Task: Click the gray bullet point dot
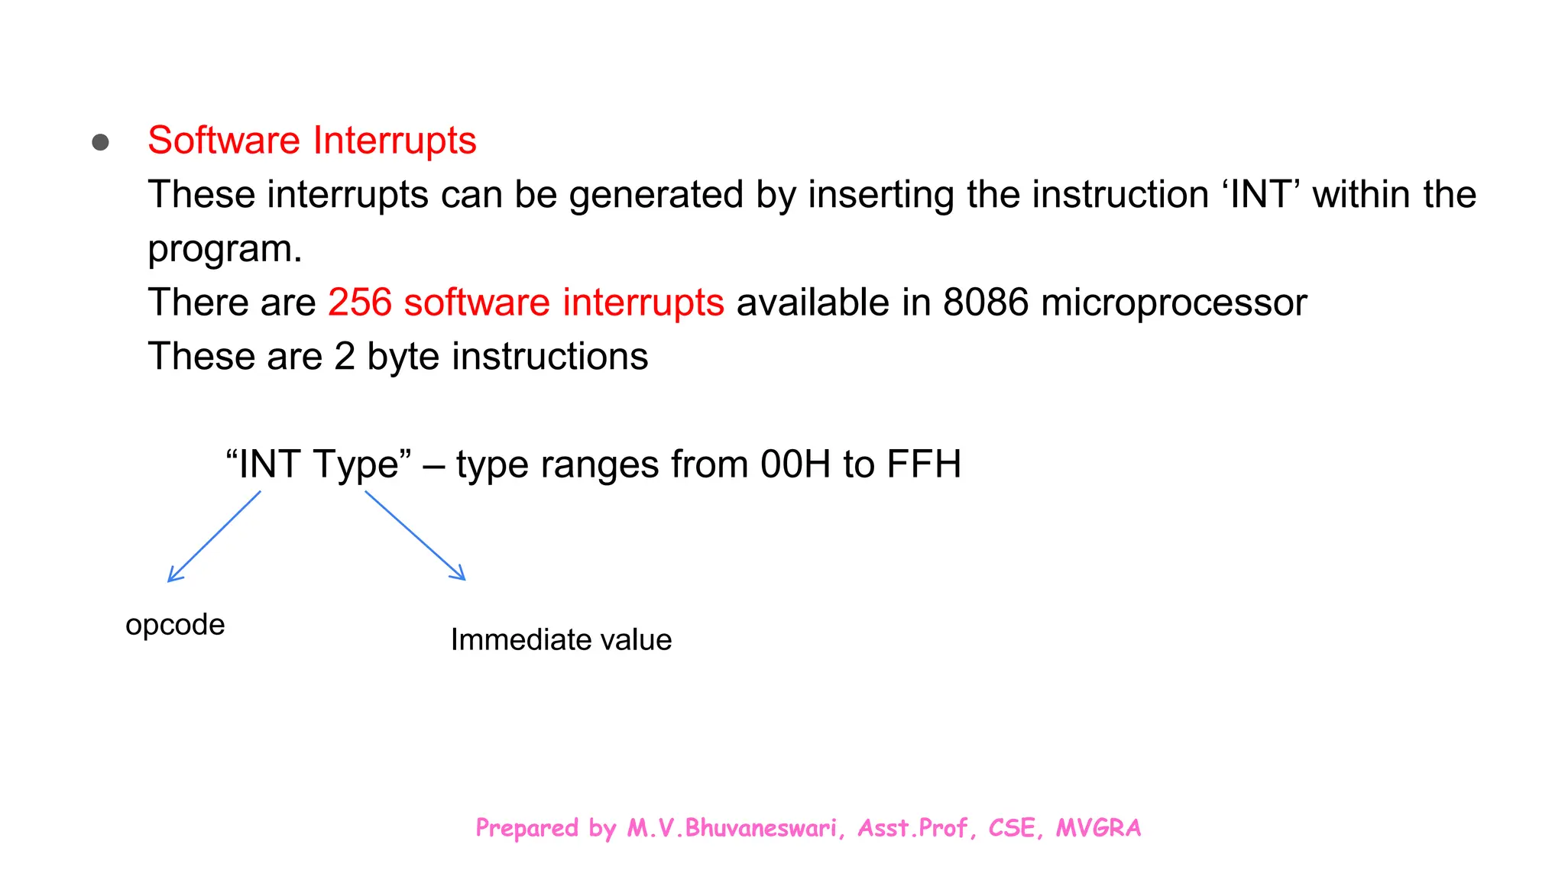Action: [100, 142]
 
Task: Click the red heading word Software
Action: [224, 141]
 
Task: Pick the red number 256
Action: [360, 302]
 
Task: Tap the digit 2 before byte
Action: [345, 357]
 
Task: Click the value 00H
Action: [795, 464]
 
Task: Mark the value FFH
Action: [924, 464]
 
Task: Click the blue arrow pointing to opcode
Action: [214, 536]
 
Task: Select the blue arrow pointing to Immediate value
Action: [415, 535]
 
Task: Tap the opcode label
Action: [175, 626]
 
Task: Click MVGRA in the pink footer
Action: [1098, 828]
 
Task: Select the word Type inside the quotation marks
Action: [356, 465]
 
